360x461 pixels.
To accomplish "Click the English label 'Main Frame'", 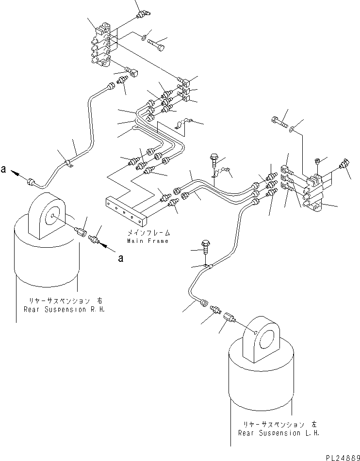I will pos(147,241).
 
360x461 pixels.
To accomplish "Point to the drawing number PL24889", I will pos(343,457).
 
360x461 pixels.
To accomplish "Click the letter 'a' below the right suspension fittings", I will pos(120,258).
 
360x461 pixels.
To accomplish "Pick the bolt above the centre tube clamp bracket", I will pos(214,159).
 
